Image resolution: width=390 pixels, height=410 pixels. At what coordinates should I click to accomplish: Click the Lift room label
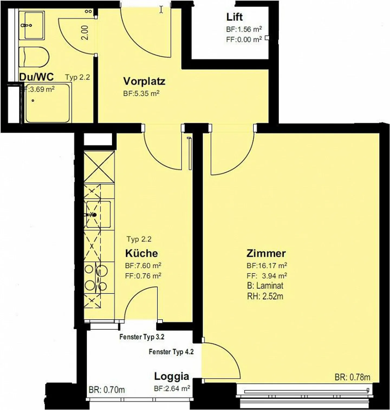point(235,17)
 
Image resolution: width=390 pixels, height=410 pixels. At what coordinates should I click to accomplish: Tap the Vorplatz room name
point(144,81)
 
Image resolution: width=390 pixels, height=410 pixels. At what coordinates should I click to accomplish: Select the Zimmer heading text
point(266,253)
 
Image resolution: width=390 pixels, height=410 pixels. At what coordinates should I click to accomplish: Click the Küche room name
point(141,253)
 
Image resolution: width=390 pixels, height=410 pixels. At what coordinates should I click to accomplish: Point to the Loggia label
point(171,376)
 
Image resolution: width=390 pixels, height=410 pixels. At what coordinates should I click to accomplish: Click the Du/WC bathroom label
point(36,77)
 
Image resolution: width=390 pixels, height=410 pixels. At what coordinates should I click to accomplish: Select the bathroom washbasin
point(31,25)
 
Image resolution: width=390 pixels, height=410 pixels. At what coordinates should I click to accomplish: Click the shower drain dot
point(33,101)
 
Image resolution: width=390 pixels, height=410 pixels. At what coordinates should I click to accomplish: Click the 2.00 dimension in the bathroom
point(85,32)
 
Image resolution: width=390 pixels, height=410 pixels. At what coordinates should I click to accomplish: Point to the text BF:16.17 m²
point(267,266)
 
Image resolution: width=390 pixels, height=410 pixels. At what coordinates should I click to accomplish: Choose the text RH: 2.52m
point(265,296)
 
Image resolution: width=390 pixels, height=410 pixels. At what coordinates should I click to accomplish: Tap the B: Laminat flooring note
point(265,286)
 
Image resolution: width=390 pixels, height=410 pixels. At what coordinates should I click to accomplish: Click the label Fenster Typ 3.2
point(142,337)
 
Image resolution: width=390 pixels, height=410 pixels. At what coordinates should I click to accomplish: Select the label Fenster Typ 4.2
point(171,352)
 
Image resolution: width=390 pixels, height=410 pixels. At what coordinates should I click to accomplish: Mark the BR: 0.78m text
point(352,377)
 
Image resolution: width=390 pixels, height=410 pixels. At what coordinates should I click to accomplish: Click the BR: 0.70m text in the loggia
point(107,390)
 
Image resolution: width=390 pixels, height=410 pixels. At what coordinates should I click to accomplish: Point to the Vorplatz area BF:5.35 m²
point(141,94)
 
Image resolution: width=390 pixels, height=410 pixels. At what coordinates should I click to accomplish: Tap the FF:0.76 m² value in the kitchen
point(143,276)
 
